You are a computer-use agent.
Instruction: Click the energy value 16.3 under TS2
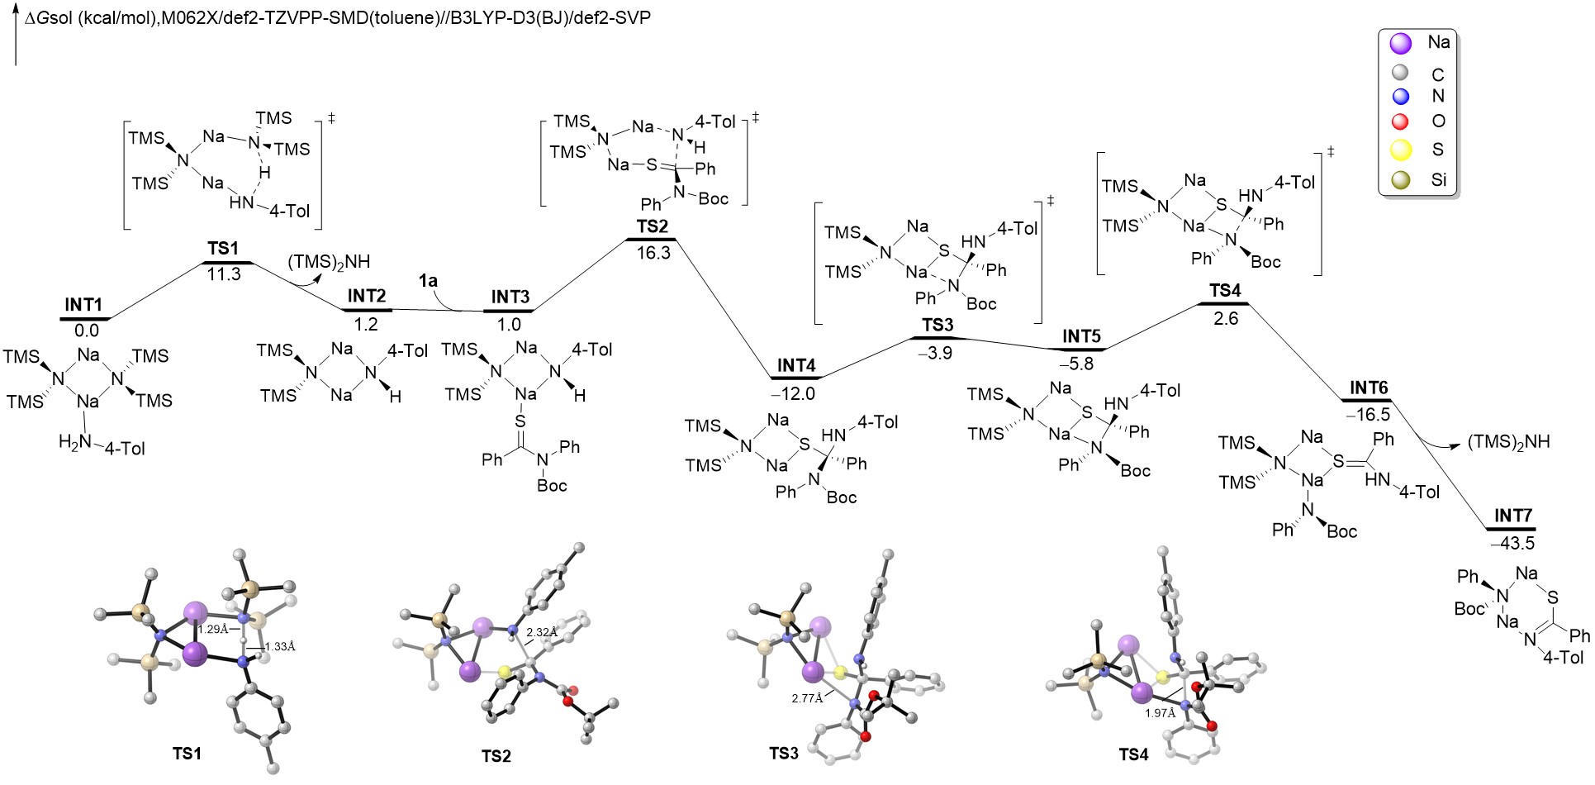(653, 253)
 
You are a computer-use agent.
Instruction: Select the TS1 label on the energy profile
(223, 248)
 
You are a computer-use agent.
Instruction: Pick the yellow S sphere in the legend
(1400, 150)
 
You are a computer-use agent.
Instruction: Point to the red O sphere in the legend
(1400, 121)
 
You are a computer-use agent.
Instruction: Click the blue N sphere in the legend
(1400, 96)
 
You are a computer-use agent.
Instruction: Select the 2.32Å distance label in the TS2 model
(542, 632)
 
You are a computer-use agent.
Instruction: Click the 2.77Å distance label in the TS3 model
(807, 698)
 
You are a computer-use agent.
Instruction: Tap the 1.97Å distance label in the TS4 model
(1160, 713)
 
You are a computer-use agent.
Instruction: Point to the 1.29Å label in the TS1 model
(213, 629)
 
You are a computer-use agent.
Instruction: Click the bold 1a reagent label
(428, 281)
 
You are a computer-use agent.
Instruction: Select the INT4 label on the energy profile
(796, 365)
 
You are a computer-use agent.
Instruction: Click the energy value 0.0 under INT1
(86, 331)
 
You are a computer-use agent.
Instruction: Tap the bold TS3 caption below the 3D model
(784, 754)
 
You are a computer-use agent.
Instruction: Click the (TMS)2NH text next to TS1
(329, 262)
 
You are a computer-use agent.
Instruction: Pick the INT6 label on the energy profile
(1369, 388)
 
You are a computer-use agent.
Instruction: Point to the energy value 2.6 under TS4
(1226, 318)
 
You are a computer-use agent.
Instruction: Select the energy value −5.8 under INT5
(1076, 364)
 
